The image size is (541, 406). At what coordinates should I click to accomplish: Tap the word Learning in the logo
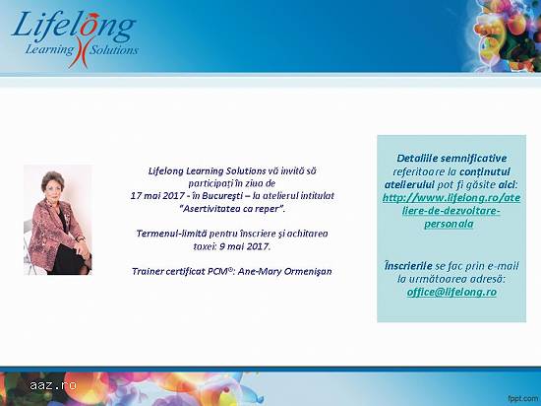pos(50,50)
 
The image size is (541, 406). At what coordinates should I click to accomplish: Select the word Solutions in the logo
pos(114,50)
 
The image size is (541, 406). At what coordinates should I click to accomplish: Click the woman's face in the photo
pos(53,186)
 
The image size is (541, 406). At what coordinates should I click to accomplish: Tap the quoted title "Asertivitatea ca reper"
pos(232,209)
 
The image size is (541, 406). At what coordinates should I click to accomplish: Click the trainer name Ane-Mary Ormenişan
pos(284,272)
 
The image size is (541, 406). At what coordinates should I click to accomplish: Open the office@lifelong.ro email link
pos(451,293)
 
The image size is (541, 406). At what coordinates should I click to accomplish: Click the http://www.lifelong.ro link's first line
pos(451,198)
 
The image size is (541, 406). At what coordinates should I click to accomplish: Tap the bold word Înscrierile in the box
pos(408,266)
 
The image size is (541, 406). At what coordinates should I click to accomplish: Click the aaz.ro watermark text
pos(53,385)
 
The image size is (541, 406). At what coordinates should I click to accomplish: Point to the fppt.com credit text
pos(523,399)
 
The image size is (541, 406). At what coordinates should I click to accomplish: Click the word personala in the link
pos(449,225)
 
